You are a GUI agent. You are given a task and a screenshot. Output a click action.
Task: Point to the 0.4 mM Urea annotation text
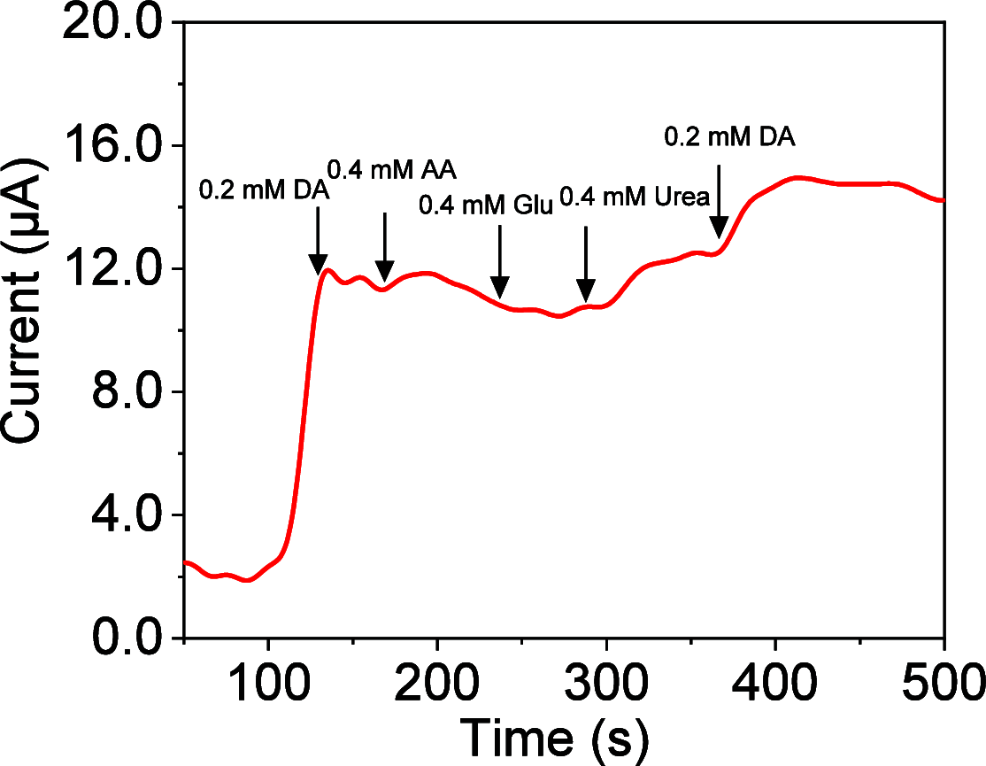[635, 197]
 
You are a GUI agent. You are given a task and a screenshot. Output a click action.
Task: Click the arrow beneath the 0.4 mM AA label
[384, 247]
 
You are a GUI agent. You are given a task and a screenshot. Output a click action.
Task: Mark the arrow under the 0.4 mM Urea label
[586, 265]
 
